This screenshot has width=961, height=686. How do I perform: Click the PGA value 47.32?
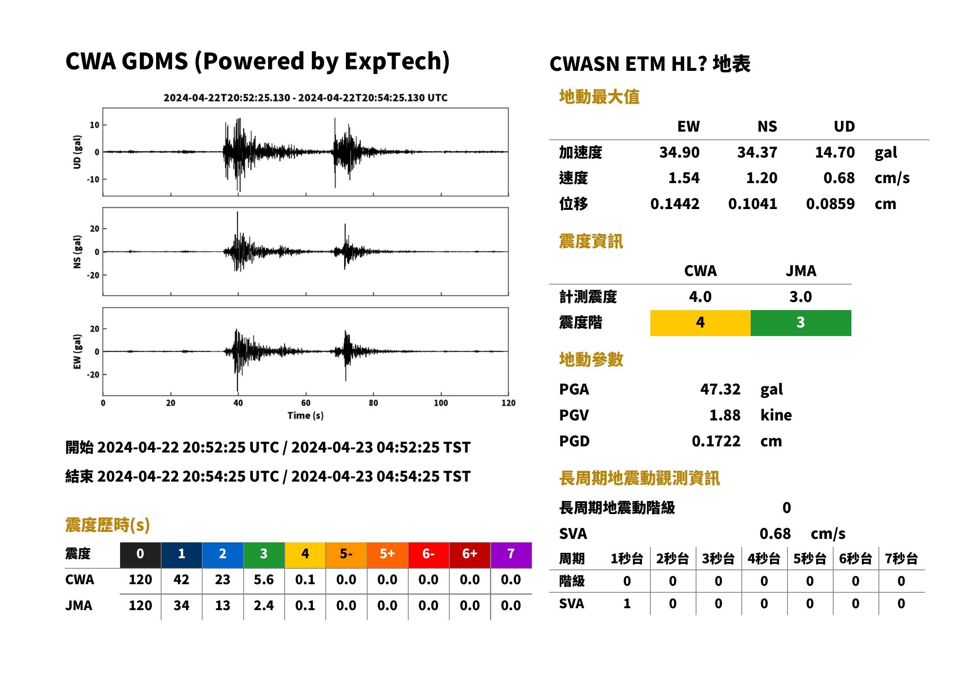pos(720,389)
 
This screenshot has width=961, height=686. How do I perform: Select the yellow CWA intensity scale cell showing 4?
pos(700,323)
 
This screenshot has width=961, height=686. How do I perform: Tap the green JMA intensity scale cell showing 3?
pos(801,323)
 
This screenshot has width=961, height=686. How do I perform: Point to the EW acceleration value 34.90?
pos(679,152)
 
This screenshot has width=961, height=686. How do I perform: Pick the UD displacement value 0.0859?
pos(830,204)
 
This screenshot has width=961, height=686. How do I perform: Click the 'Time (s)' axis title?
pos(306,416)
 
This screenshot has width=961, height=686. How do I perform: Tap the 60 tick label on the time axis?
pos(306,403)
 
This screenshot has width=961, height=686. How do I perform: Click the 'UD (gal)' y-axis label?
pos(77,152)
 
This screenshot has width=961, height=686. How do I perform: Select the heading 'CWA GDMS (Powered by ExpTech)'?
pos(257,61)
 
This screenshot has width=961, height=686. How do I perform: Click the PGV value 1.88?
pos(724,415)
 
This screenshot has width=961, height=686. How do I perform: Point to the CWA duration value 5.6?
pos(264,580)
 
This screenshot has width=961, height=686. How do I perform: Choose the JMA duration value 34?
pos(181,605)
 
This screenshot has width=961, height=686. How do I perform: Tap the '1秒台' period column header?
pos(627,559)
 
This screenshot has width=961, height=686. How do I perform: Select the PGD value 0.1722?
pos(716,441)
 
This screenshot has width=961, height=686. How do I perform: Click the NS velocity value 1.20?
pos(762,178)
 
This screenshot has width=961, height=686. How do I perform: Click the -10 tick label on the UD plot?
pos(93,180)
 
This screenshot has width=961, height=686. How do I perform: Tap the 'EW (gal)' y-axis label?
pos(77,352)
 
